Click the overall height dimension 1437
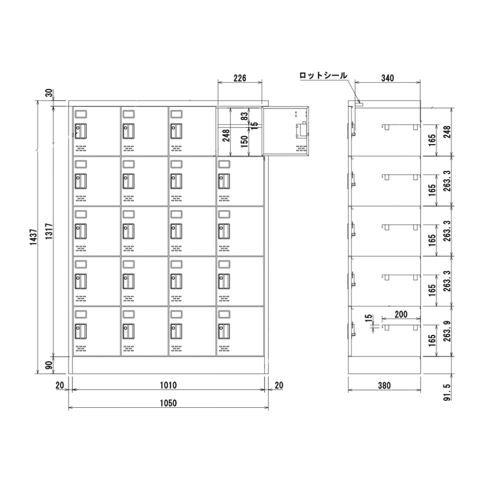click(33, 237)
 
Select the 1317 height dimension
click(49, 231)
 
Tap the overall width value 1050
click(168, 403)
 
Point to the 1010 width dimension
click(168, 385)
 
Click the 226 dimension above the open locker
click(240, 78)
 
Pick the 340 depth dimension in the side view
click(388, 78)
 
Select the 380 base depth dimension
click(384, 386)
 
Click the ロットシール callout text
click(323, 76)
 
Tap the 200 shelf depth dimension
click(401, 315)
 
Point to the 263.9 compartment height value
click(447, 331)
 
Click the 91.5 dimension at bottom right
click(447, 392)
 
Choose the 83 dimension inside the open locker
click(244, 116)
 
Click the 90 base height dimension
click(49, 365)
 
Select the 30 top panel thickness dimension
click(49, 93)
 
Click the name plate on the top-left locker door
click(81, 114)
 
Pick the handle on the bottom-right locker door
click(224, 331)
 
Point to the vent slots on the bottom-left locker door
click(81, 348)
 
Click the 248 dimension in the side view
click(447, 132)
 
